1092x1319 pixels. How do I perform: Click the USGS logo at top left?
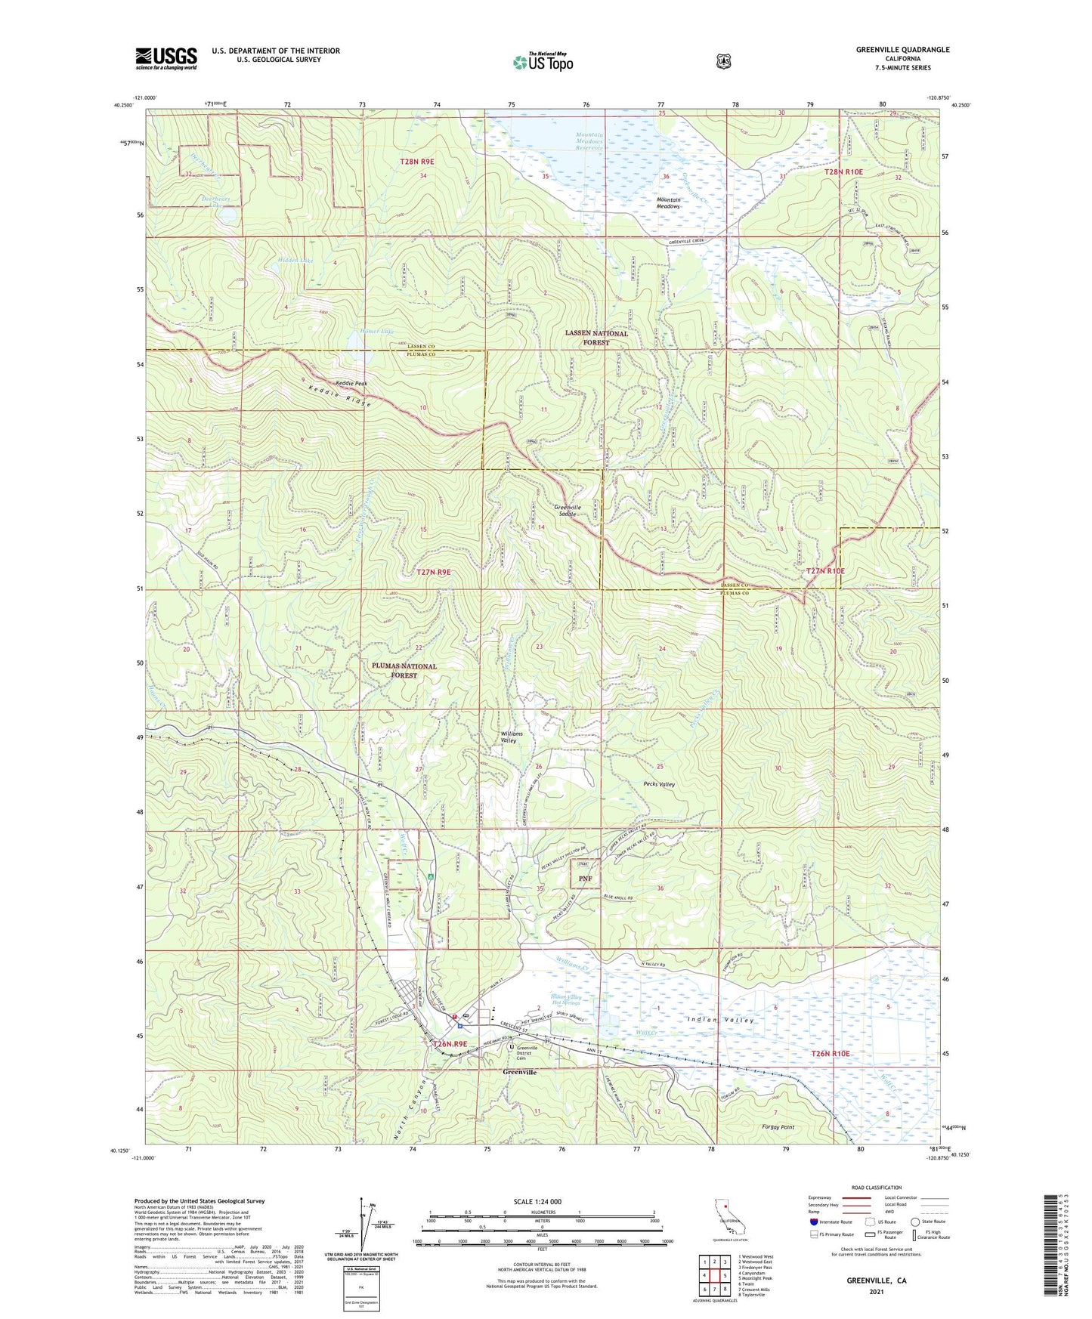pos(166,58)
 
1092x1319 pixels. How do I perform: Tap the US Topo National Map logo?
pos(543,61)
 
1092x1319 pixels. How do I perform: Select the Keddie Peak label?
pos(351,384)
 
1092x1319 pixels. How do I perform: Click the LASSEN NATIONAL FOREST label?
pos(596,338)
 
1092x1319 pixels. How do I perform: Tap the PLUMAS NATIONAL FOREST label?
pos(404,670)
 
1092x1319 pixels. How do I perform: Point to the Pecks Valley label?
pos(658,784)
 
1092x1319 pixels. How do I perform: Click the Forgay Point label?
pos(778,1127)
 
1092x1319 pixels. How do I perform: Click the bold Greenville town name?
pos(520,1072)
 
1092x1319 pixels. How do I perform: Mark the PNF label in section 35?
pos(585,879)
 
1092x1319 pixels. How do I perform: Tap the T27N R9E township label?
pos(433,573)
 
